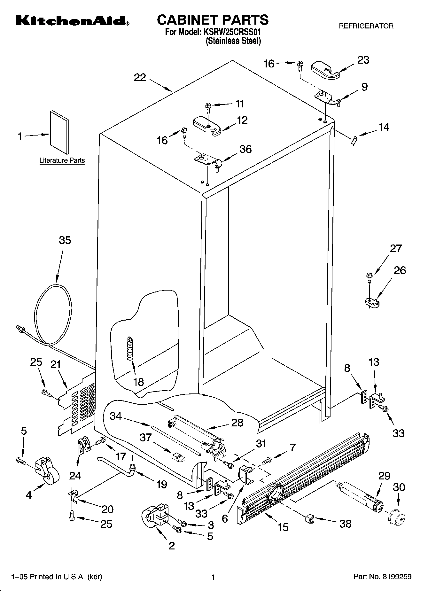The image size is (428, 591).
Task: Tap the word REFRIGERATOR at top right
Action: coord(366,26)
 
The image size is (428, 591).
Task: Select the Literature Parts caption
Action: coord(62,160)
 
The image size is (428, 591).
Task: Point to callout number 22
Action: coord(140,78)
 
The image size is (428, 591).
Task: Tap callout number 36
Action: coord(245,149)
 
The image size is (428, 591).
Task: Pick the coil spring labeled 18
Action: coord(130,348)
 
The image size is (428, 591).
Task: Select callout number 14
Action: coord(384,127)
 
